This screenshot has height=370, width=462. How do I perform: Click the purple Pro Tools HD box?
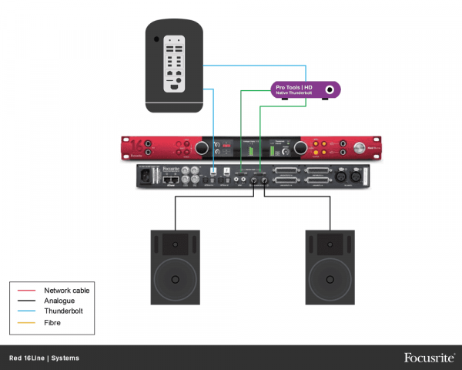pyautogui.click(x=307, y=90)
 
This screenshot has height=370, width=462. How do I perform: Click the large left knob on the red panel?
pyautogui.click(x=202, y=147)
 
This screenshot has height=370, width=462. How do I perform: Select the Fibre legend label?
pyautogui.click(x=53, y=322)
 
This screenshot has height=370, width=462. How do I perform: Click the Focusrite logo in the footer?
pyautogui.click(x=426, y=358)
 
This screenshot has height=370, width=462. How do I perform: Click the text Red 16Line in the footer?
pyautogui.click(x=26, y=358)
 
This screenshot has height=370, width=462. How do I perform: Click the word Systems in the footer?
pyautogui.click(x=65, y=358)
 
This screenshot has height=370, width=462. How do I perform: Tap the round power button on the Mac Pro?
pyautogui.click(x=157, y=38)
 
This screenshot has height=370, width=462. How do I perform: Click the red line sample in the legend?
pyautogui.click(x=25, y=291)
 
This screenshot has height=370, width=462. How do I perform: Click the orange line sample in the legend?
pyautogui.click(x=25, y=323)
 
